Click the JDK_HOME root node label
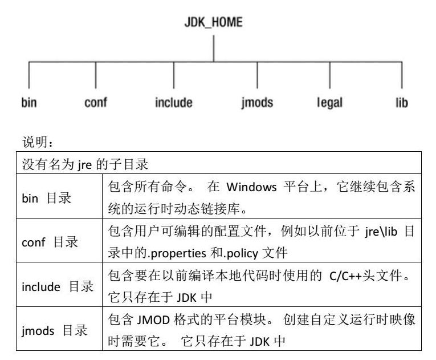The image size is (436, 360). pyautogui.click(x=213, y=23)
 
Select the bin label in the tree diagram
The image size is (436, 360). pyautogui.click(x=29, y=103)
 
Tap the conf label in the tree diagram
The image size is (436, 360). pyautogui.click(x=95, y=103)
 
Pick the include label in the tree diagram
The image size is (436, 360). pyautogui.click(x=174, y=103)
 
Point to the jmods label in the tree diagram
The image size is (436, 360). pyautogui.click(x=257, y=103)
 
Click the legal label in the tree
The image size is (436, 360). pyautogui.click(x=330, y=103)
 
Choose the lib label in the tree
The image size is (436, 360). pyautogui.click(x=402, y=103)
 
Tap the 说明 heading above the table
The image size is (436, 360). pyautogui.click(x=35, y=139)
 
